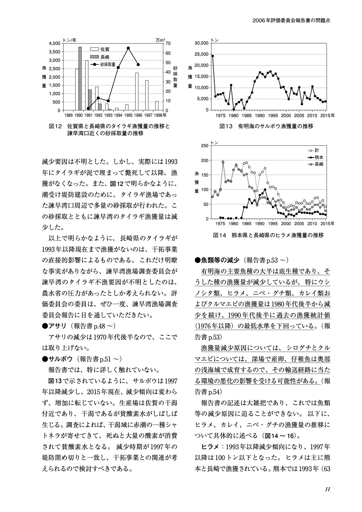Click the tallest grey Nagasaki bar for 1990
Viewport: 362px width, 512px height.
[x=80, y=79]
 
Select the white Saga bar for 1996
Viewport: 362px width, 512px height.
[x=137, y=91]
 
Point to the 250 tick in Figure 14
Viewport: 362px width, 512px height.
[x=205, y=146]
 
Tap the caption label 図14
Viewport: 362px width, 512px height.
[x=220, y=235]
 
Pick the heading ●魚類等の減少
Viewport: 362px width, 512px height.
[x=217, y=260]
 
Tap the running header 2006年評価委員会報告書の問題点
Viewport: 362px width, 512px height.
[x=291, y=20]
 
